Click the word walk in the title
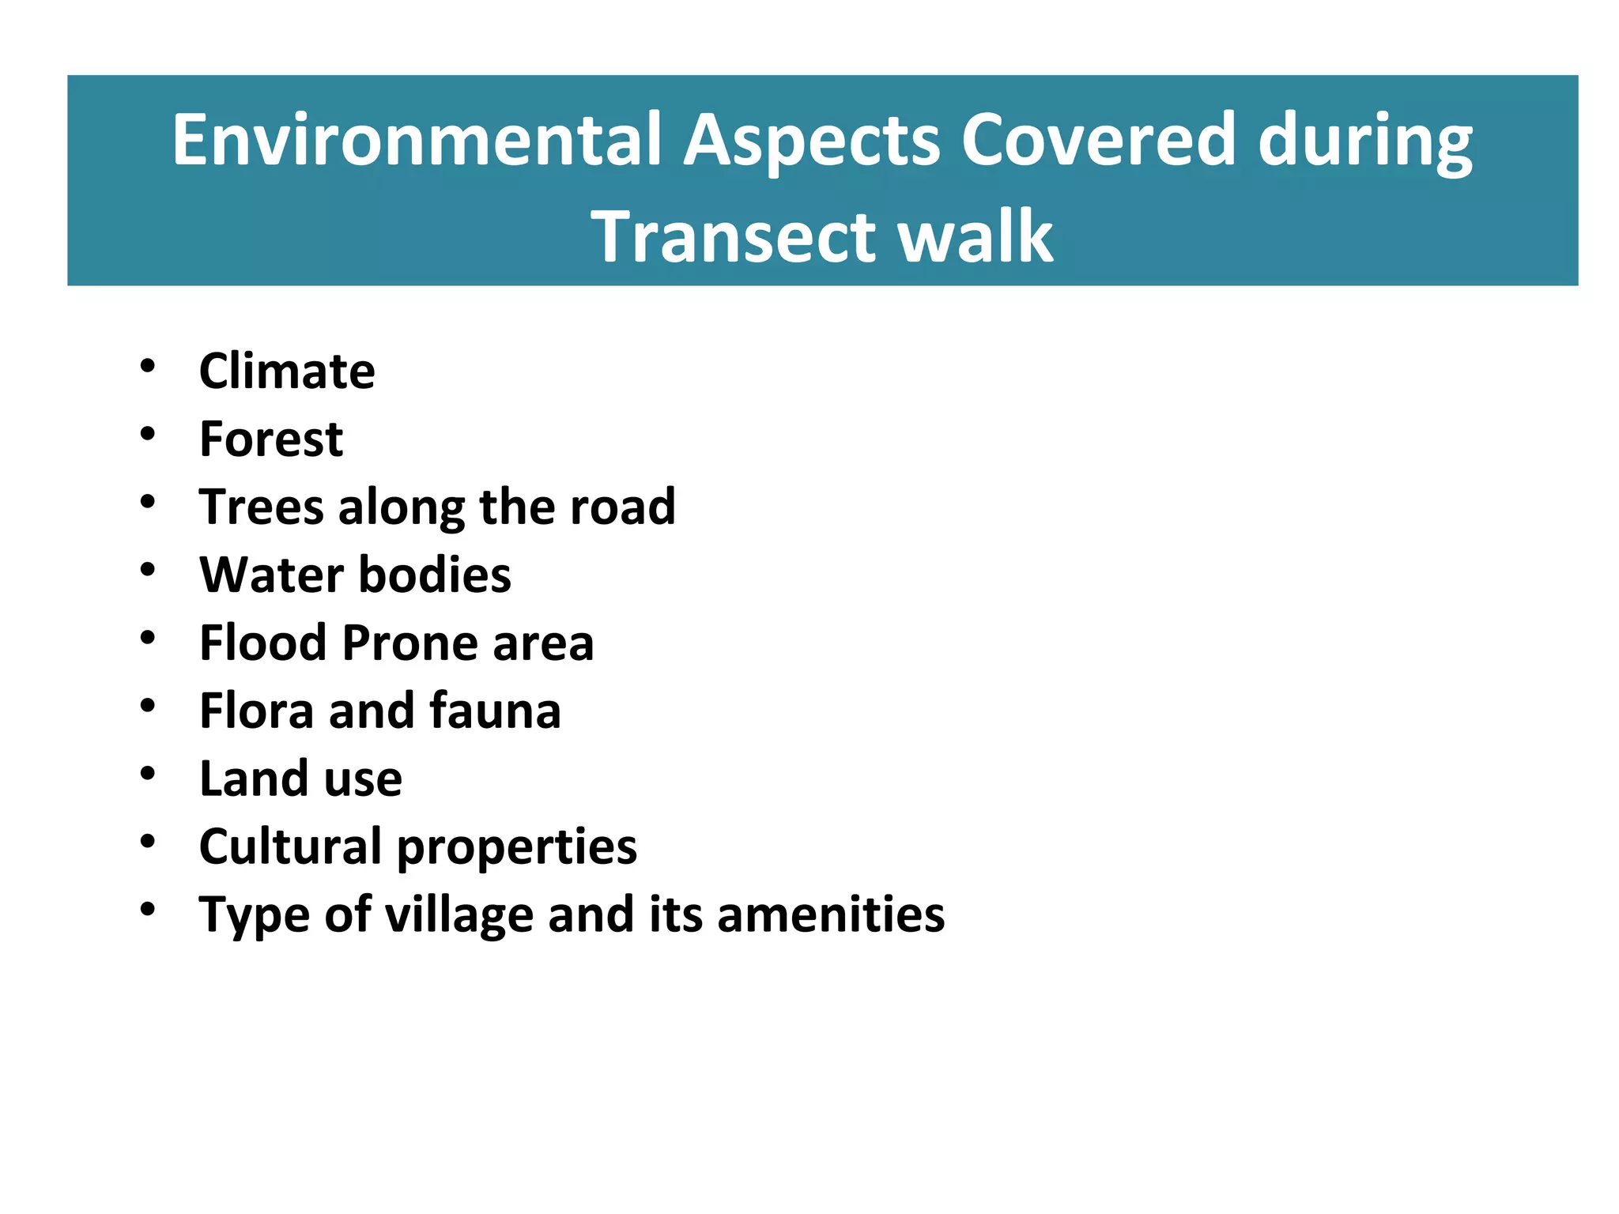(x=976, y=236)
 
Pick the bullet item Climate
(x=287, y=371)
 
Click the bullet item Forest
(x=271, y=439)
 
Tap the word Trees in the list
(x=262, y=507)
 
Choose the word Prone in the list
(x=409, y=643)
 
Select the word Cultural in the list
(x=290, y=846)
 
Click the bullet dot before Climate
(x=148, y=365)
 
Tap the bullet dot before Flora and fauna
(x=148, y=705)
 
